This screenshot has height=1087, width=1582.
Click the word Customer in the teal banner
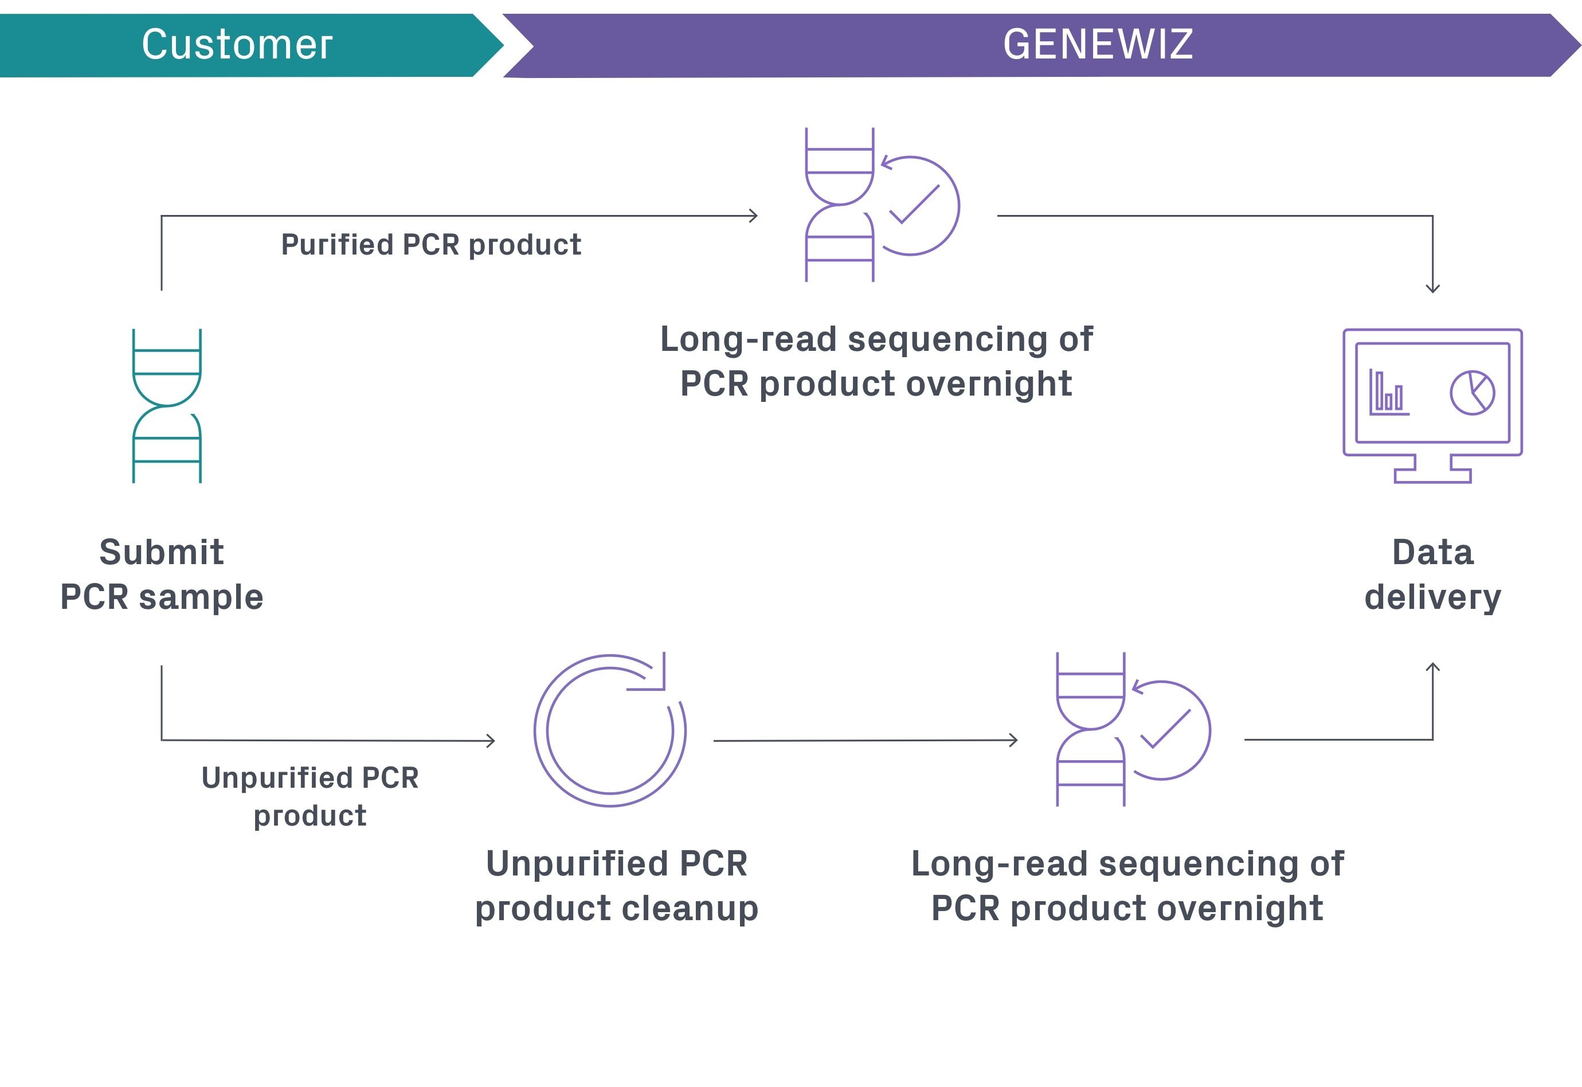pyautogui.click(x=237, y=45)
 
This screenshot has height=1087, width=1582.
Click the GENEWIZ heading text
pyautogui.click(x=1097, y=45)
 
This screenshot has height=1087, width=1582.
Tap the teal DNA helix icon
pyautogui.click(x=167, y=406)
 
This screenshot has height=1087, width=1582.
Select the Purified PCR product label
pyautogui.click(x=431, y=244)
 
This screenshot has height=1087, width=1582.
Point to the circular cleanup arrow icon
pyautogui.click(x=610, y=731)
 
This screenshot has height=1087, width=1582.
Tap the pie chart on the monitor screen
pyautogui.click(x=1472, y=393)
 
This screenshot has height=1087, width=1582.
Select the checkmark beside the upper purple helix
pyautogui.click(x=915, y=204)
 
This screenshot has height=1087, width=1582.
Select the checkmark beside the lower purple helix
pyautogui.click(x=1165, y=729)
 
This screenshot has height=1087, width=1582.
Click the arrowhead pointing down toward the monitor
pyautogui.click(x=1432, y=288)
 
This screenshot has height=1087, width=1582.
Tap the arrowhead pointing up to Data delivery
pyautogui.click(x=1432, y=667)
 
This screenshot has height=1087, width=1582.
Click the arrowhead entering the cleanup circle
pyautogui.click(x=491, y=740)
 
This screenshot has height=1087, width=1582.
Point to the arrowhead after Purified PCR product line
pyautogui.click(x=753, y=216)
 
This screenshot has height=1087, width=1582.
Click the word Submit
pyautogui.click(x=161, y=552)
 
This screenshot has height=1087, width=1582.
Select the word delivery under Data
pyautogui.click(x=1432, y=597)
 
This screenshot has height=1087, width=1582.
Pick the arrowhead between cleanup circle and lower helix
pyautogui.click(x=1013, y=740)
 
